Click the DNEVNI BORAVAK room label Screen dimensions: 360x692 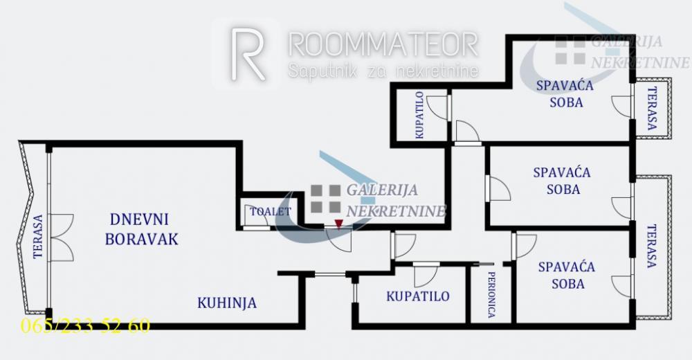click(x=141, y=229)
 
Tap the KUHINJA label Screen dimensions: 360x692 click(x=227, y=303)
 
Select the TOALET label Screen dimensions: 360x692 click(x=271, y=212)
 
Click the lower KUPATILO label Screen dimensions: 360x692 click(x=418, y=296)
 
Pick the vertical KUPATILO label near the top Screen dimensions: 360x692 click(x=420, y=116)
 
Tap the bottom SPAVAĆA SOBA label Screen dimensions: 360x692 click(x=567, y=275)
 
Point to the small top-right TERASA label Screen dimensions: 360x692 click(x=651, y=109)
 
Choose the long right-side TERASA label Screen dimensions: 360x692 click(x=651, y=246)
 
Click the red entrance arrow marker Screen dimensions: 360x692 click(x=338, y=224)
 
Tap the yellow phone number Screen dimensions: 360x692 click(x=85, y=326)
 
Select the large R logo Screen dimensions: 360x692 click(x=248, y=53)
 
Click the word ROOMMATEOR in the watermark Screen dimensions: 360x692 click(x=383, y=44)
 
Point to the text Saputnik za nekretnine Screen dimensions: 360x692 click(x=383, y=71)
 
